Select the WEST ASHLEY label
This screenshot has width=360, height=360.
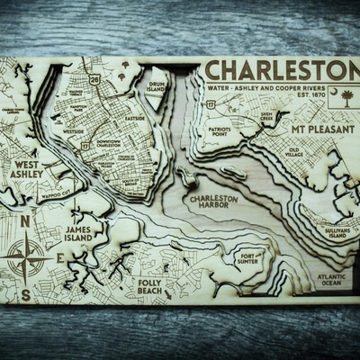point(27,170)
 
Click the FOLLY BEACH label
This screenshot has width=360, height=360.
point(152,267)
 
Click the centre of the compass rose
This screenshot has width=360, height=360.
point(25,254)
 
